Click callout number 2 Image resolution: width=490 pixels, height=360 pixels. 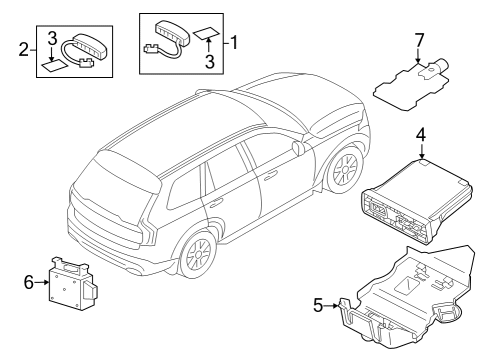(22, 48)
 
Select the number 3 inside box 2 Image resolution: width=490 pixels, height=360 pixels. (50, 38)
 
